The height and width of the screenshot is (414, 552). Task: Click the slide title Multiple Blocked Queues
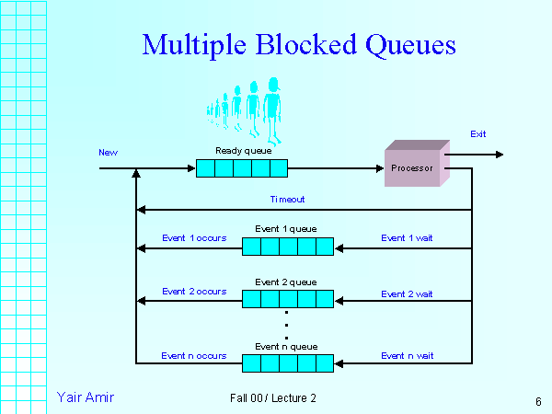pyautogui.click(x=299, y=44)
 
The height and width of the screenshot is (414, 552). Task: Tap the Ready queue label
pyautogui.click(x=240, y=150)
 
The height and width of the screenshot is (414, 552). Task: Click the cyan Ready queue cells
pyautogui.click(x=242, y=168)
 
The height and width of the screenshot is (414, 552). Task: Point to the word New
pyautogui.click(x=109, y=152)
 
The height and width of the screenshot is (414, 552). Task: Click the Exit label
pyautogui.click(x=478, y=134)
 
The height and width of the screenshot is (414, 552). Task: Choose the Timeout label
pyautogui.click(x=287, y=199)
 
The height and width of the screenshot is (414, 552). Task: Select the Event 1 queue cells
pyautogui.click(x=287, y=247)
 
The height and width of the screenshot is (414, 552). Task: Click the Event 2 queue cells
pyautogui.click(x=287, y=299)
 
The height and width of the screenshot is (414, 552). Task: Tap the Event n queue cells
pyautogui.click(x=287, y=363)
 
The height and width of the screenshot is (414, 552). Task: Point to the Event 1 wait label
pyautogui.click(x=408, y=238)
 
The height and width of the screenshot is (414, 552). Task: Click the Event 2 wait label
pyautogui.click(x=408, y=294)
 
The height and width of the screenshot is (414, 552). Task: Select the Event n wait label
pyautogui.click(x=408, y=355)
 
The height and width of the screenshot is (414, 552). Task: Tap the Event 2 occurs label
pyautogui.click(x=194, y=291)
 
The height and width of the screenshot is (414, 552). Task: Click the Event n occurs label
pyautogui.click(x=193, y=355)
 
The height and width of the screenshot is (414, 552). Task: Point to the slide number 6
pyautogui.click(x=537, y=401)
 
